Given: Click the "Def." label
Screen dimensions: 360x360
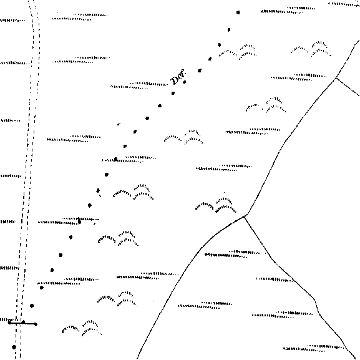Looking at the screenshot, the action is click(178, 77).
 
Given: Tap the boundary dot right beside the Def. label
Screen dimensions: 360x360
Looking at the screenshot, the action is click(185, 82).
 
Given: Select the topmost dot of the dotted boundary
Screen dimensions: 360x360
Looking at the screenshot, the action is click(238, 12).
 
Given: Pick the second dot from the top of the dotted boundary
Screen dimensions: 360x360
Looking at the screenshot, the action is click(229, 29).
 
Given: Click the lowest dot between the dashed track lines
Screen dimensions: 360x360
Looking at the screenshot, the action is click(14, 347).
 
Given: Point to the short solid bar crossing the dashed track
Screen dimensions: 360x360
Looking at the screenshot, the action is click(22, 323).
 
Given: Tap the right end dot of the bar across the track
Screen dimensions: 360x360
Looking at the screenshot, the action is click(36, 324).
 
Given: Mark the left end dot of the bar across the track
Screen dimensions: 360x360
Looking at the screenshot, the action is click(9, 323).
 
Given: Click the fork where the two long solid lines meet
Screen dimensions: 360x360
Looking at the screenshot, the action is click(245, 216).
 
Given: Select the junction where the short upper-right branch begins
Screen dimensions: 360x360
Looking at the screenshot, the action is click(336, 78).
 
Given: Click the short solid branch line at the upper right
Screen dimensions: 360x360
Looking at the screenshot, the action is click(348, 87).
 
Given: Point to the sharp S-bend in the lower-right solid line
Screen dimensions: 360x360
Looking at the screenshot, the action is click(316, 305).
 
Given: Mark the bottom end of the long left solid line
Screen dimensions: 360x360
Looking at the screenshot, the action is click(137, 358).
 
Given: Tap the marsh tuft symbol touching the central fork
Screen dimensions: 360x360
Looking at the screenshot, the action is click(216, 205).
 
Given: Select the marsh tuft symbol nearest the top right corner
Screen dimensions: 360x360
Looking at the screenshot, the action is click(311, 49).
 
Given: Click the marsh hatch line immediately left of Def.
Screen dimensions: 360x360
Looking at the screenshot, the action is click(139, 85).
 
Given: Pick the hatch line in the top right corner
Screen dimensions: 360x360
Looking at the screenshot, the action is click(344, 4).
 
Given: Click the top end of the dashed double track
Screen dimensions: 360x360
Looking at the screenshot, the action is click(32, 1).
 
